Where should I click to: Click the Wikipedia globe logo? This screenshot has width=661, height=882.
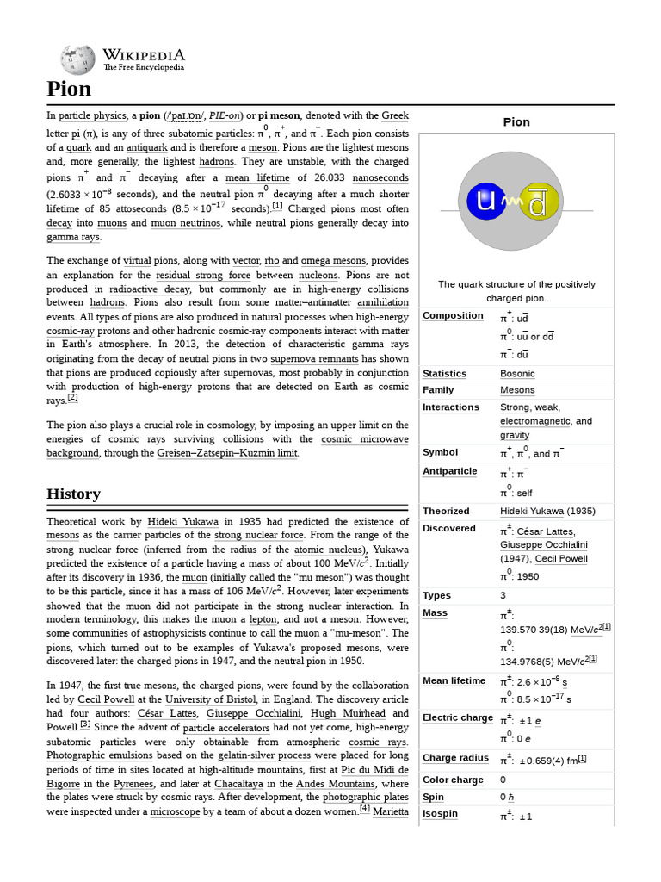coord(77,59)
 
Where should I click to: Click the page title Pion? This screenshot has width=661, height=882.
coord(69,89)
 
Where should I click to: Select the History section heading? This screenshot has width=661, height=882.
coord(73,494)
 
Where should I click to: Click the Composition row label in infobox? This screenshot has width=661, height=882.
coord(453,315)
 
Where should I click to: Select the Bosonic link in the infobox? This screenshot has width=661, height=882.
coord(517,374)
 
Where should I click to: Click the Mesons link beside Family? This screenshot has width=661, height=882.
coord(517,390)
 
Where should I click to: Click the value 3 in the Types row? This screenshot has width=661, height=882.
coord(503,595)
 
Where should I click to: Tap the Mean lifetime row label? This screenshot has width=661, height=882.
coord(454,680)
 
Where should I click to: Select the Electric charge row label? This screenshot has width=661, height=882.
coord(458,717)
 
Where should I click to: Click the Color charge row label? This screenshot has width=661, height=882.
coord(453,780)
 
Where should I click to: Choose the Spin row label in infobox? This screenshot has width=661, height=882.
coord(434,798)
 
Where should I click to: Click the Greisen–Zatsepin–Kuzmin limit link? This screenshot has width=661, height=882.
coord(227,453)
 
